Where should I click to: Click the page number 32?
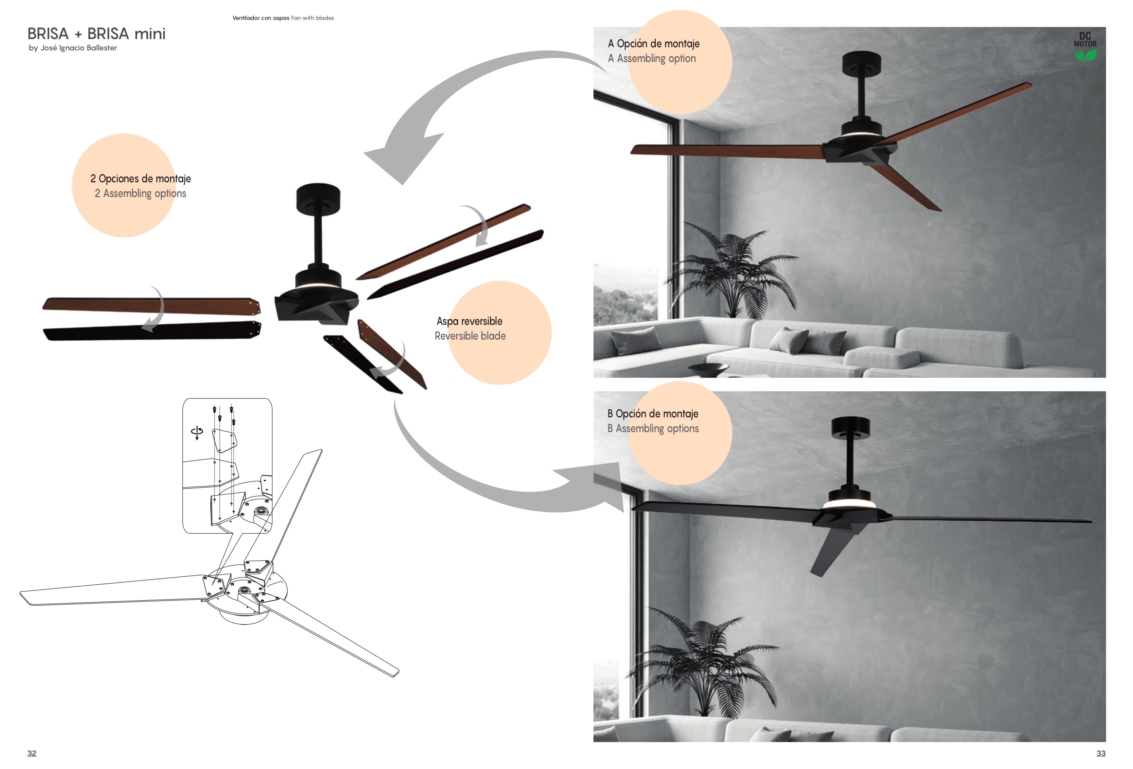pos(32,753)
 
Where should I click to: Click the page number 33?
pos(1101,753)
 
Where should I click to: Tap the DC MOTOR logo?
pos(1085,47)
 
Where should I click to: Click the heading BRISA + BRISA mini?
pos(97,34)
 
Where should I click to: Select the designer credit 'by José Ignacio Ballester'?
pos(73,48)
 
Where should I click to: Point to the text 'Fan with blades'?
pos(312,18)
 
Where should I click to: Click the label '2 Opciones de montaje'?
pos(140,179)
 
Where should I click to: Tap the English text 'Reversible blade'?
pos(470,336)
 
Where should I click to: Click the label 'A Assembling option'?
pos(652,59)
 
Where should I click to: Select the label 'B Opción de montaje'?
pos(653,414)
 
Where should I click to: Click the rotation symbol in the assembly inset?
pos(197,432)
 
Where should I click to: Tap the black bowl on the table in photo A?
pos(709,368)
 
